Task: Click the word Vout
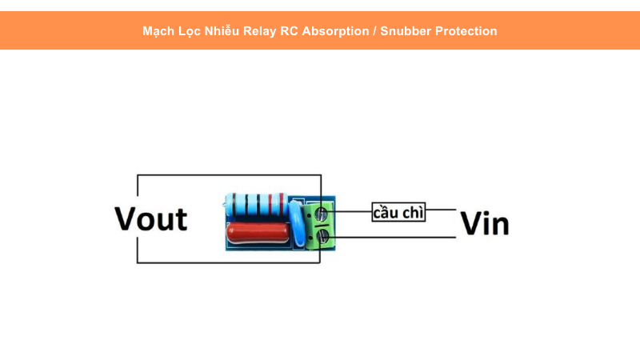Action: [x=150, y=218]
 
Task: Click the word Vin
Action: [x=485, y=225]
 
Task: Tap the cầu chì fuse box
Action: [x=399, y=213]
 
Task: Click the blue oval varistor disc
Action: [x=298, y=222]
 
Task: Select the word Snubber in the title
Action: [x=407, y=31]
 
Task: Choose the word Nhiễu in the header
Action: [x=220, y=31]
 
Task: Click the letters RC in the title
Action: [x=289, y=31]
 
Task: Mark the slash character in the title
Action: [x=374, y=31]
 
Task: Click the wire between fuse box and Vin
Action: [x=442, y=212]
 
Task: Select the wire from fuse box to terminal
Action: [x=352, y=212]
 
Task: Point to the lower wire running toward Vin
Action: [x=400, y=237]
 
